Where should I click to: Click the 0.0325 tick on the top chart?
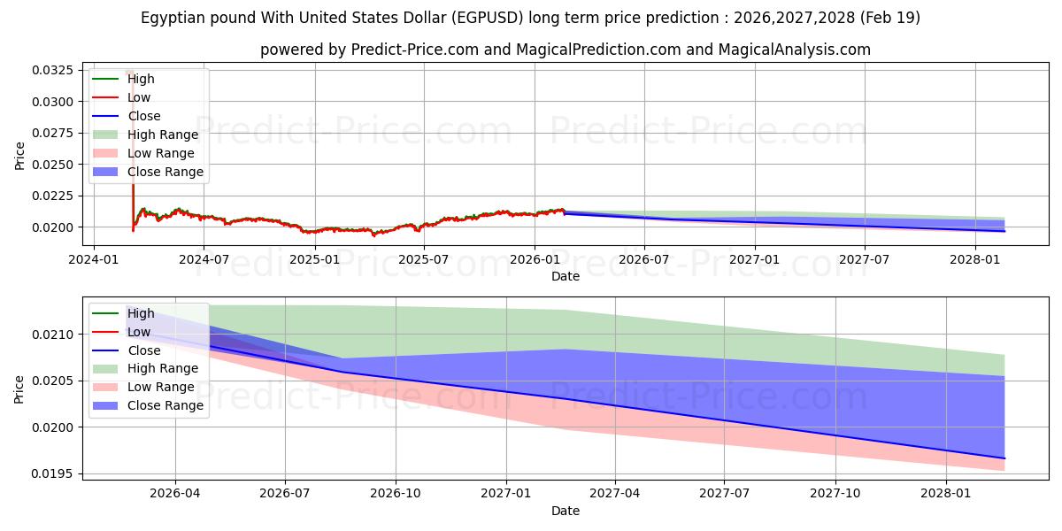pos(52,70)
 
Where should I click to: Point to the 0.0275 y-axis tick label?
pos(52,133)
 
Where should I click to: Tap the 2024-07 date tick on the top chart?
pos(204,260)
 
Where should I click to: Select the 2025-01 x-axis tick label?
pos(315,260)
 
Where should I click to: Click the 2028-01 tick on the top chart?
pos(975,260)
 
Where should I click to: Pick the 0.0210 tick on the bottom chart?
pos(52,335)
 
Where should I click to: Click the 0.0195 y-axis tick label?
pos(52,473)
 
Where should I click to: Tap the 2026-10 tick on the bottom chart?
pos(396,494)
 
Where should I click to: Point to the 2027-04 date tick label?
pos(615,494)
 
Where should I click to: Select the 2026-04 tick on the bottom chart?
pos(175,494)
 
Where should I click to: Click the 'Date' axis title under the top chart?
pos(566,276)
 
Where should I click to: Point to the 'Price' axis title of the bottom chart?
pos(19,389)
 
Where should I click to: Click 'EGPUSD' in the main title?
pos(488,18)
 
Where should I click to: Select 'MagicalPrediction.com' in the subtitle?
pos(598,50)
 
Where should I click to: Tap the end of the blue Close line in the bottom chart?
pos(1004,458)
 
